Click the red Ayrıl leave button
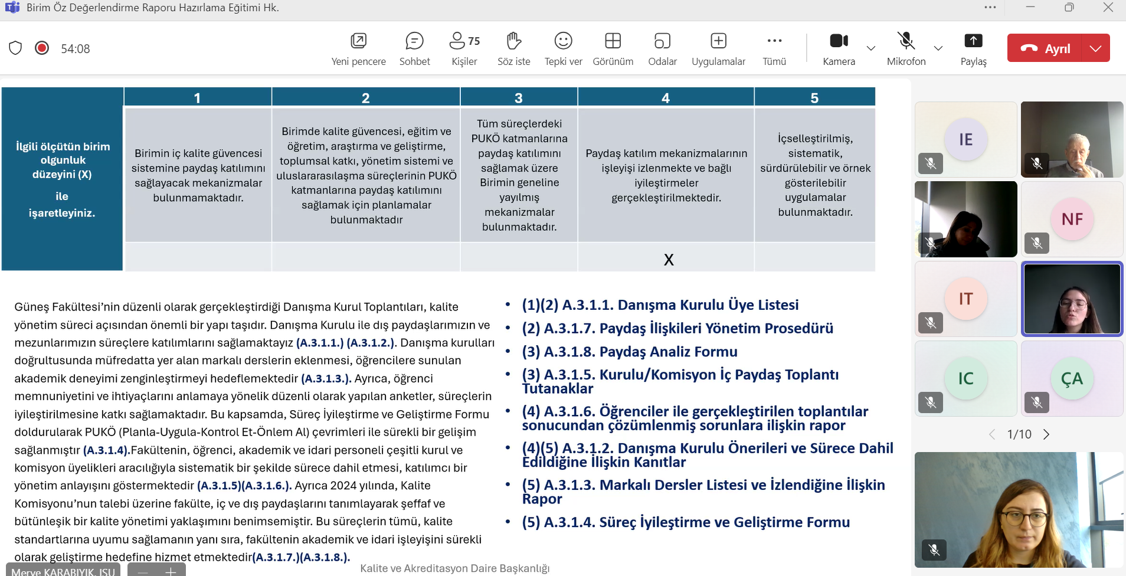[x=1045, y=48]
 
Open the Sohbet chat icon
[x=414, y=41]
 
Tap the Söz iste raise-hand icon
[x=513, y=41]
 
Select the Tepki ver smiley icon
[x=563, y=41]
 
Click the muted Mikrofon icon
[x=906, y=41]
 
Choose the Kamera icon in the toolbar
[x=839, y=41]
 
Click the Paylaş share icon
[x=973, y=41]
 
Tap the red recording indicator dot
[x=42, y=48]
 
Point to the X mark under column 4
[x=668, y=260]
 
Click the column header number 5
[x=814, y=98]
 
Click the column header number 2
[x=365, y=98]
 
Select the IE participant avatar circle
[x=965, y=139]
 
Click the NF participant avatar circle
[x=1072, y=220]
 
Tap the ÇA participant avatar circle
[x=1072, y=379]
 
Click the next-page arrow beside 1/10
[x=1046, y=434]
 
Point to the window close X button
[x=1108, y=8]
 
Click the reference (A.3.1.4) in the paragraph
[x=106, y=450]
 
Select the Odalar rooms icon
[x=662, y=41]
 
